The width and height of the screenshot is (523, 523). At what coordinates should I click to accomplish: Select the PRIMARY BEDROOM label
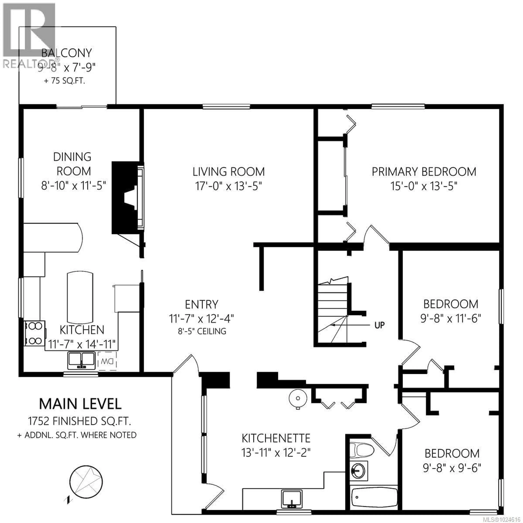pyautogui.click(x=424, y=172)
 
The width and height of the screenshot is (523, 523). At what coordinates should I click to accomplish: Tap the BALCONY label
pyautogui.click(x=67, y=53)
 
